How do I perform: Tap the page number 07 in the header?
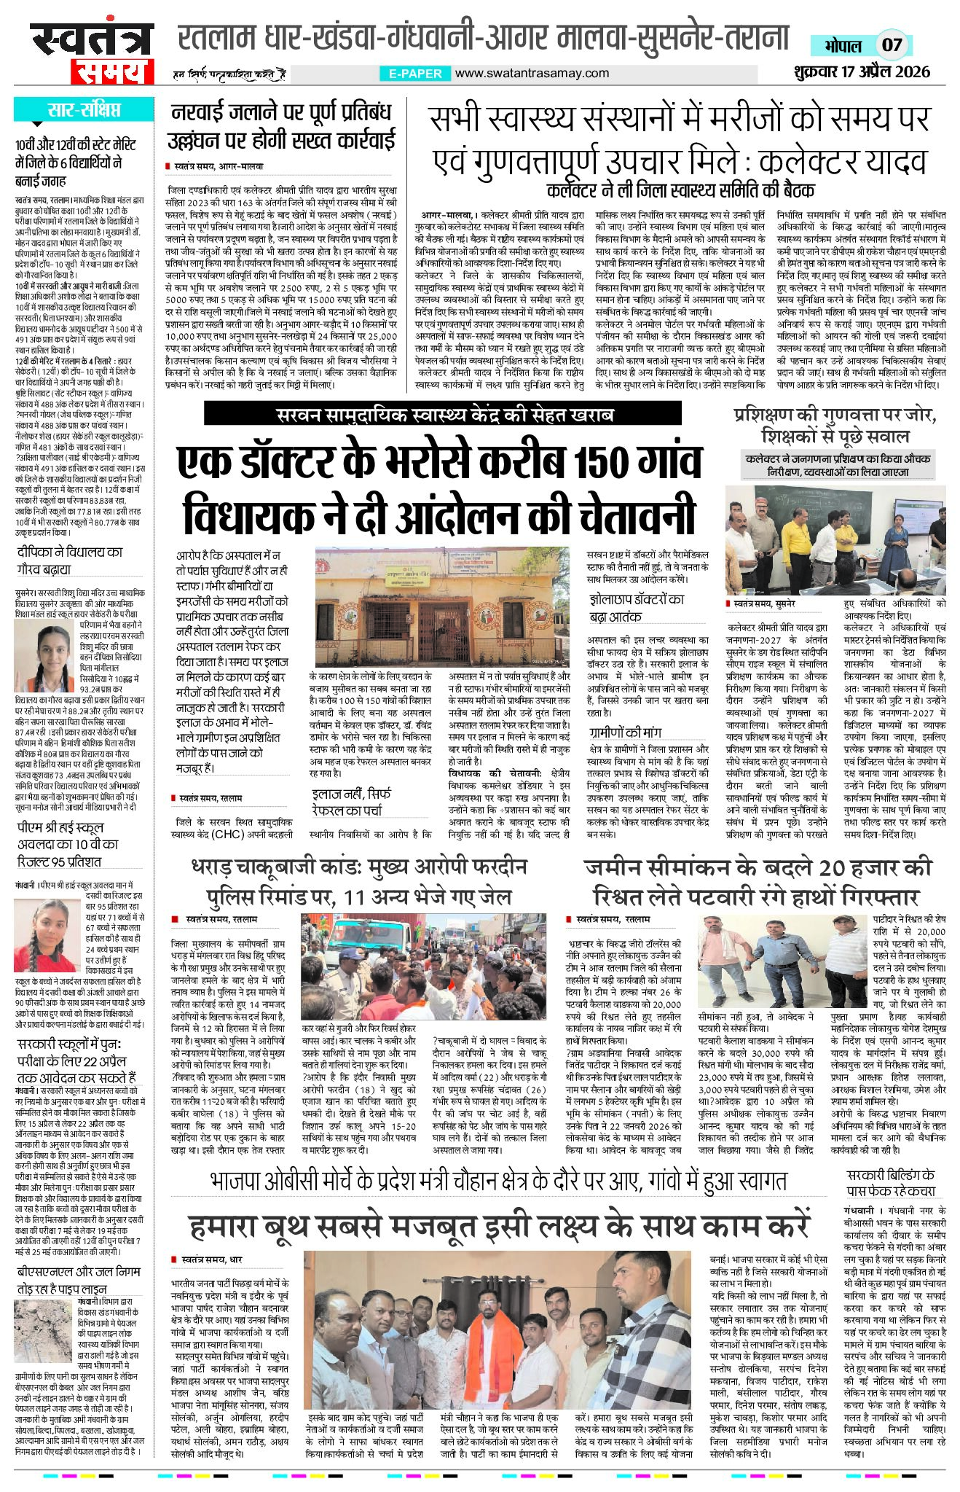tap(892, 44)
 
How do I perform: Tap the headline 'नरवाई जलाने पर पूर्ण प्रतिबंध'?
tap(281, 113)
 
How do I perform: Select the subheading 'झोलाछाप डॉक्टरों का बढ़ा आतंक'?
tap(637, 609)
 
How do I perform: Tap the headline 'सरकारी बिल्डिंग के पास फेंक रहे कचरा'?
tap(891, 1182)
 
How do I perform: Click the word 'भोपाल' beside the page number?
tap(843, 45)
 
